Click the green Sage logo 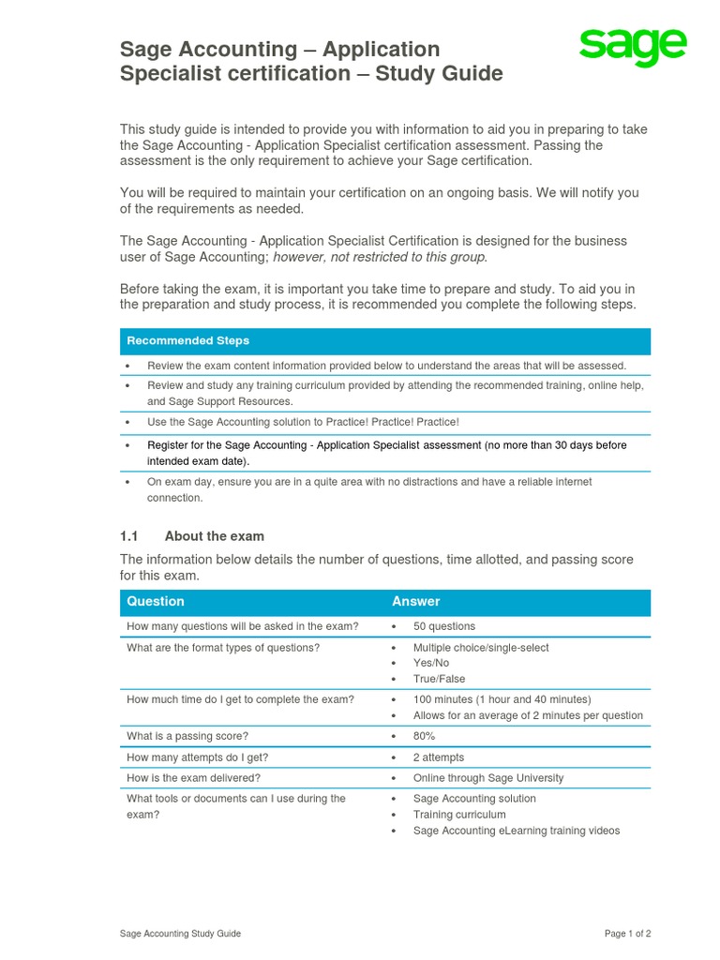632,49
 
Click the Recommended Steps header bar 384,340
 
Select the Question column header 156,601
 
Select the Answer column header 415,601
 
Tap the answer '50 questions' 443,626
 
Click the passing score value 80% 424,736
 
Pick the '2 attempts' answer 438,757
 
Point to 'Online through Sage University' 488,778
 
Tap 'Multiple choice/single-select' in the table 481,648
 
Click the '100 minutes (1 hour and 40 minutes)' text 502,699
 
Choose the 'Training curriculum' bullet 459,815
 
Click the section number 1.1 128,536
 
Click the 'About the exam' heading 214,536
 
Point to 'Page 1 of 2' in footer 627,934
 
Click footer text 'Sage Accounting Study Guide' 180,934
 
